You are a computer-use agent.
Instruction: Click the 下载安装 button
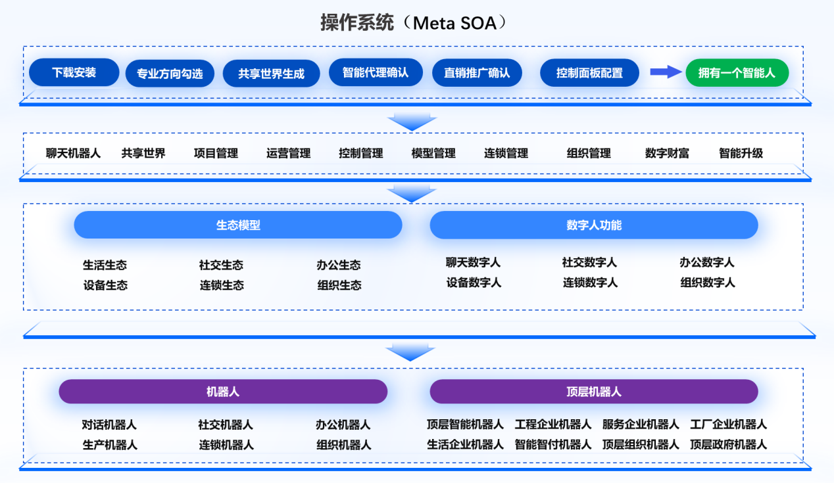click(74, 72)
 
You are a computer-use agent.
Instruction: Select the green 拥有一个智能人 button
click(737, 73)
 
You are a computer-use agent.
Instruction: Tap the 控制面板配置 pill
click(589, 73)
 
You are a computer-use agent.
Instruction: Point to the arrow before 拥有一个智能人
click(665, 72)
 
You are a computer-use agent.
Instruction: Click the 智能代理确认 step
click(376, 72)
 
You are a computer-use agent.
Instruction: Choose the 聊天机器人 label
click(73, 153)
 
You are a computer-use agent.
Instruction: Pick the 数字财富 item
click(667, 153)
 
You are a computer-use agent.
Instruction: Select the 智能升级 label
click(741, 153)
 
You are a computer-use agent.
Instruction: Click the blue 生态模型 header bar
click(237, 225)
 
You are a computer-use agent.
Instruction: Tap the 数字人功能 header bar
click(593, 225)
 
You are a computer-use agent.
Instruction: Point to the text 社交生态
click(221, 265)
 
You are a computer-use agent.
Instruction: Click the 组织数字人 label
click(708, 283)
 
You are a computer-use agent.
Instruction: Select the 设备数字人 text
click(474, 283)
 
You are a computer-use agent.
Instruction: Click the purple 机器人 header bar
click(223, 392)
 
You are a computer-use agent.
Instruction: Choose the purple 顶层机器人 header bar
click(593, 392)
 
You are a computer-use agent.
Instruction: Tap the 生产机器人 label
click(110, 445)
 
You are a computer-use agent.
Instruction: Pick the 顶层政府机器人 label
click(728, 444)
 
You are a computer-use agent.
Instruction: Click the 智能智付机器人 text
click(553, 444)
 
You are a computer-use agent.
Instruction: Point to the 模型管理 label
click(433, 153)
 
